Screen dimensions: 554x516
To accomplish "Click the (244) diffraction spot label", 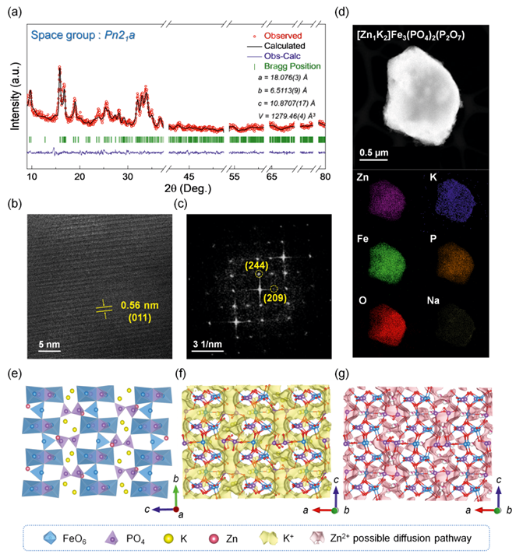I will point(255,266).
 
